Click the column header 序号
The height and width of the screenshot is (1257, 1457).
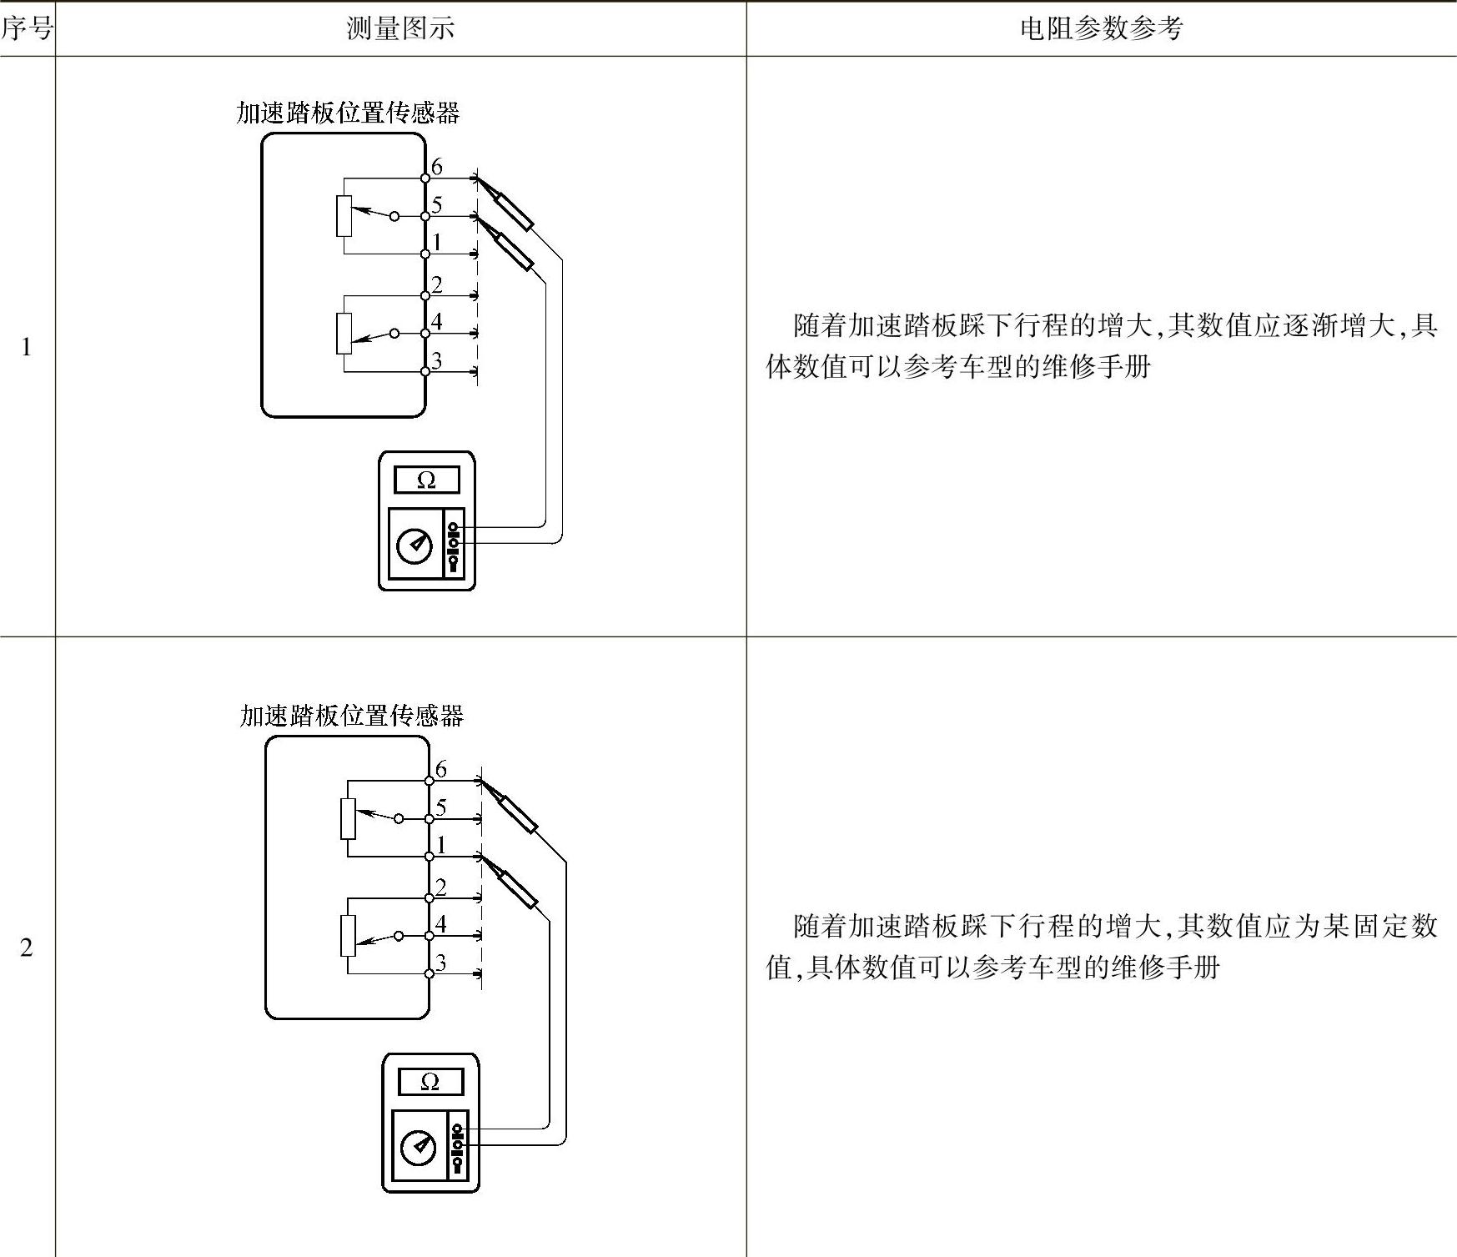pos(27,29)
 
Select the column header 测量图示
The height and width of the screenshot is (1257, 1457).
pos(400,29)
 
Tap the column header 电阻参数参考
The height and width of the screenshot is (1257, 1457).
pos(1101,29)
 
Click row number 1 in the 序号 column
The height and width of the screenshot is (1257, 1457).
pos(27,347)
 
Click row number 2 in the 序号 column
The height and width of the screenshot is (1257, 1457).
pos(27,948)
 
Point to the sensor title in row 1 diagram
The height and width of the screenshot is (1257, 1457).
pos(348,113)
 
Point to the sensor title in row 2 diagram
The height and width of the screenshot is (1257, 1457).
pos(351,716)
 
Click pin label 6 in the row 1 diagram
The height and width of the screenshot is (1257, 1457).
pos(437,167)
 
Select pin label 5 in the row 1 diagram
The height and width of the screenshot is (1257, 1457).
pos(437,205)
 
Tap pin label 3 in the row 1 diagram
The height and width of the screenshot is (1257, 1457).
pos(437,360)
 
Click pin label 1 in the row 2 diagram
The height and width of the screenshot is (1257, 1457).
pos(441,845)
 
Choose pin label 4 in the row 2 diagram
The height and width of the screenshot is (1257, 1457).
pos(441,923)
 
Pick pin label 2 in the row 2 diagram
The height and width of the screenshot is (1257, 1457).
pos(441,887)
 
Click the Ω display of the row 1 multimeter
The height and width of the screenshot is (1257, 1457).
pos(426,480)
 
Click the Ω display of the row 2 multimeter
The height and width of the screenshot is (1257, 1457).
pos(430,1082)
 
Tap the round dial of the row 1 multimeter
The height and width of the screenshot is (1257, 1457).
pos(415,546)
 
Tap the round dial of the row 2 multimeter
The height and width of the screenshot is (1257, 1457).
pos(419,1148)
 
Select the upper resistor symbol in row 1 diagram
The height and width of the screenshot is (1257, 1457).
pos(344,216)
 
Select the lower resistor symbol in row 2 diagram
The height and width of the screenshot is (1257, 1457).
pos(348,936)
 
